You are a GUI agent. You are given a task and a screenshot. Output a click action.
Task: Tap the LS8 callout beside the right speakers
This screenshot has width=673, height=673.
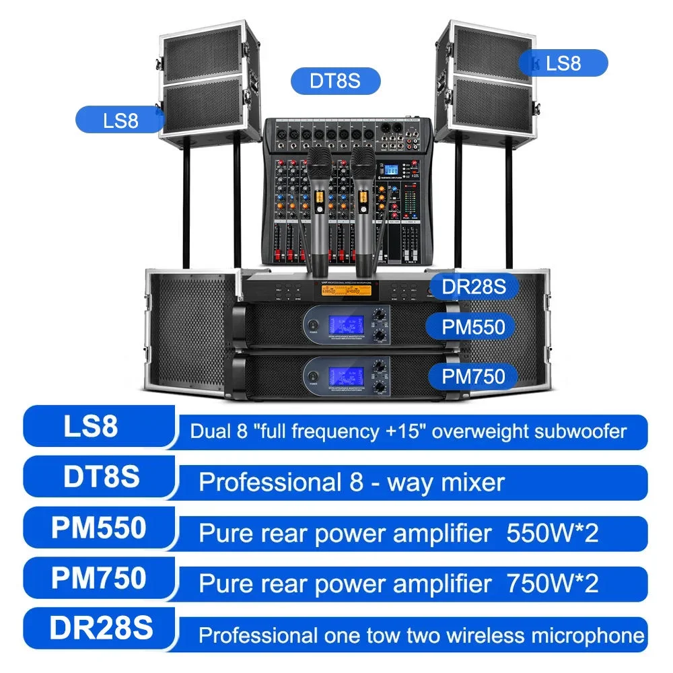(x=563, y=63)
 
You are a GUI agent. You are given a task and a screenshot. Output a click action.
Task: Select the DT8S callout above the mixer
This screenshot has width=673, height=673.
(x=335, y=81)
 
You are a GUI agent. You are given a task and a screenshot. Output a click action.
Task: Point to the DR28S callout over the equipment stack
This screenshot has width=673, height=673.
(x=473, y=286)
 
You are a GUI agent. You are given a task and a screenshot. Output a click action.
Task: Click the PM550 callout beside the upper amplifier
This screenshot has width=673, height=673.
(x=473, y=328)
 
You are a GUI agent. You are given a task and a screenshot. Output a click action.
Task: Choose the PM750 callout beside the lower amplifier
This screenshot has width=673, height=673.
(x=473, y=376)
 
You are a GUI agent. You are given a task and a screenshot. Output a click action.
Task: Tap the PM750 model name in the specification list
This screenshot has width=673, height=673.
(x=99, y=579)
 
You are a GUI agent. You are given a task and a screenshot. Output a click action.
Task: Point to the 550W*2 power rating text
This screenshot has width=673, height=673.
(x=552, y=533)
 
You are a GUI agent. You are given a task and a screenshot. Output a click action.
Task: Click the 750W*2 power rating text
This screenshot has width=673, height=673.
(x=552, y=583)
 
